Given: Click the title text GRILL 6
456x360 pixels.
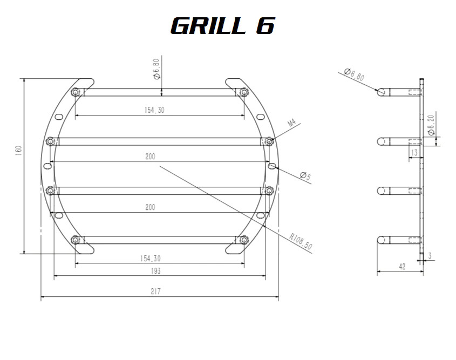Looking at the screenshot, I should tap(222, 25).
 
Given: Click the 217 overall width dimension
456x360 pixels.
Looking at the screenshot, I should tap(155, 291).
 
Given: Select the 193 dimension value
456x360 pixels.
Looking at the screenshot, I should tap(155, 270).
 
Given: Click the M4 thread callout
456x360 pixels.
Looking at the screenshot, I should tap(292, 124).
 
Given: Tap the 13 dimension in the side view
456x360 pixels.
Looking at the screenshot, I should tap(414, 153).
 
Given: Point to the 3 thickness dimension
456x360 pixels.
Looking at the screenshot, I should tap(430, 254).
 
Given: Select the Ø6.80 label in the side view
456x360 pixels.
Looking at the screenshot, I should tap(354, 74).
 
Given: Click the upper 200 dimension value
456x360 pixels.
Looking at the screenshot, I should tap(150, 157).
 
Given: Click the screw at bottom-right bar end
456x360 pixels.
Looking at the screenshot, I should tap(244, 240).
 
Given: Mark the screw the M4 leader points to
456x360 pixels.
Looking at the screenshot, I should tap(269, 141).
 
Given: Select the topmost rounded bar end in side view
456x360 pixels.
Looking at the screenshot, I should tap(383, 92).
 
